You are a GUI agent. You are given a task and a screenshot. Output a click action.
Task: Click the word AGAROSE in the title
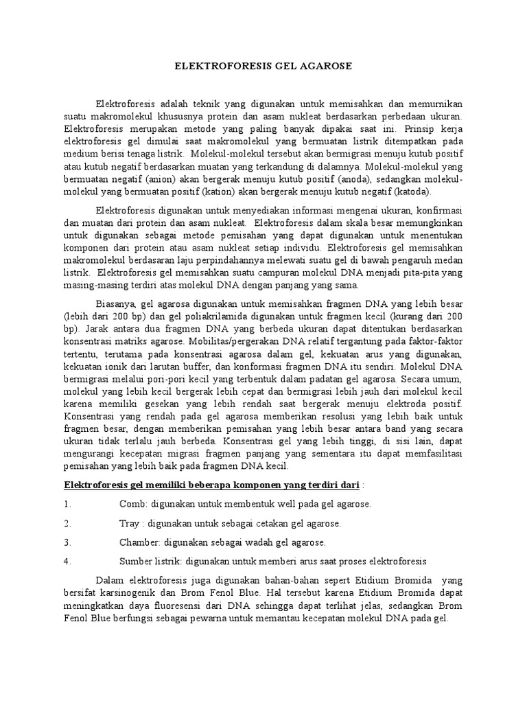pyautogui.click(x=323, y=66)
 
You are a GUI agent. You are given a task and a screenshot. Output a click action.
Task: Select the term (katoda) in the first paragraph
pyautogui.click(x=410, y=192)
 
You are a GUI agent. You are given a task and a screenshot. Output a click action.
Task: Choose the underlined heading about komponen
pyautogui.click(x=211, y=485)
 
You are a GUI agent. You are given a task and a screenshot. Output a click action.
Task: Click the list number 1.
pyautogui.click(x=67, y=504)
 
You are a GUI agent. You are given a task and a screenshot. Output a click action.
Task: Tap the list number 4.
pyautogui.click(x=67, y=560)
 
